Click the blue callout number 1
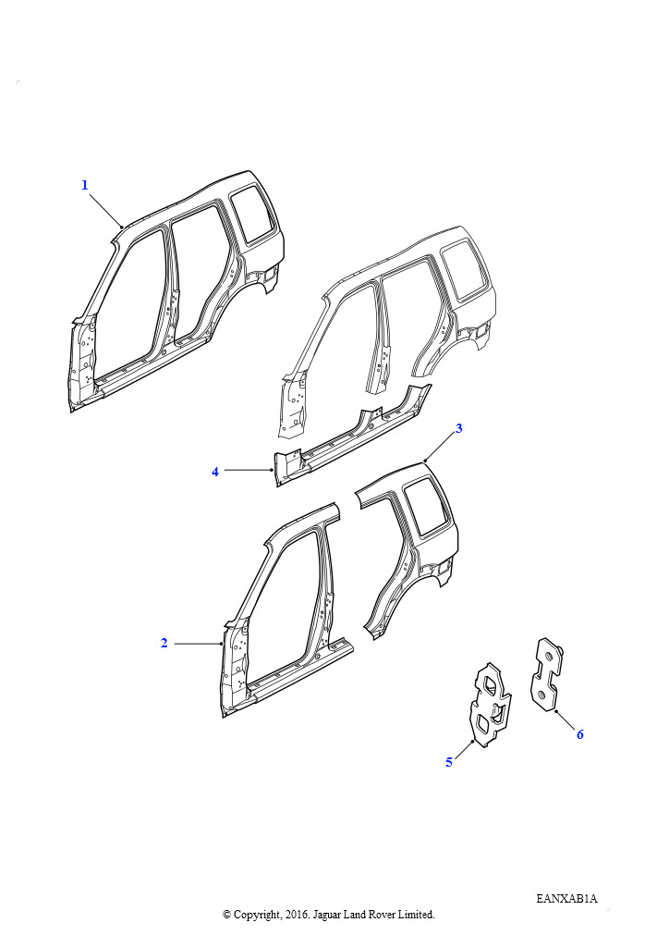85,185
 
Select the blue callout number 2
164,644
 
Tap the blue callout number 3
459,428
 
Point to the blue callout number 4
215,472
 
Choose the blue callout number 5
449,762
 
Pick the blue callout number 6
580,734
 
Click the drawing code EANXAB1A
566,899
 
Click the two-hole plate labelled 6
548,674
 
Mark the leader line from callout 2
199,644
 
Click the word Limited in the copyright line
418,915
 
